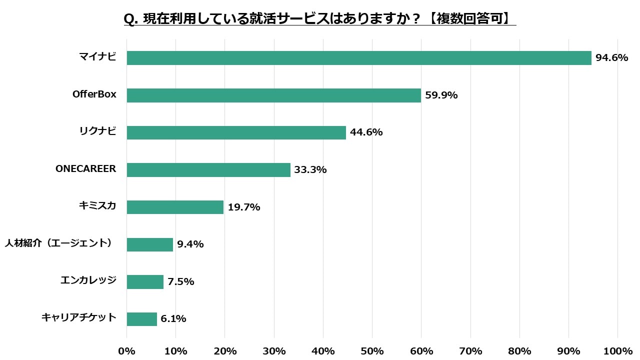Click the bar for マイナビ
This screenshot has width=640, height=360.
coord(359,58)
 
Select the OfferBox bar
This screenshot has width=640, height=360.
coord(273,95)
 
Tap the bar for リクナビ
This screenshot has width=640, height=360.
coord(236,132)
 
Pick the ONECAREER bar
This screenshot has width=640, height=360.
coord(208,170)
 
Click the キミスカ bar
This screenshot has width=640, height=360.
coord(175,207)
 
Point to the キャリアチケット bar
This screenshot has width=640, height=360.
coord(141,319)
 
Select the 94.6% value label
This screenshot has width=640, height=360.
coord(611,58)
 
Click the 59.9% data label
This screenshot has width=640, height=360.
coord(441,95)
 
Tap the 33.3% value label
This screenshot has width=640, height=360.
coord(310,170)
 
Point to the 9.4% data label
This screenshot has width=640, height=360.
coord(190,244)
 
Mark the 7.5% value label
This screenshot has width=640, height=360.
coord(181,282)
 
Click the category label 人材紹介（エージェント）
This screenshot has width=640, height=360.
coord(58,243)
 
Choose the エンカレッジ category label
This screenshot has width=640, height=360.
coord(88,280)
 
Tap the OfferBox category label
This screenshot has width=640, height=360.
coord(94,94)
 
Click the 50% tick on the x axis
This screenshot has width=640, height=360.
coord(372,351)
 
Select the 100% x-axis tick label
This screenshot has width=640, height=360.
coord(618,351)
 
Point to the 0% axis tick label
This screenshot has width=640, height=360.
coord(126,351)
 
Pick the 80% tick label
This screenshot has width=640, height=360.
coord(519,351)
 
